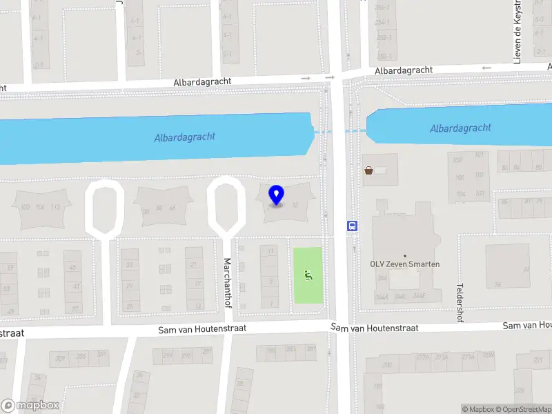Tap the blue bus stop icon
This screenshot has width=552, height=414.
(x=352, y=225)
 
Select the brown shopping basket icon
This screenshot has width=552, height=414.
(x=369, y=170)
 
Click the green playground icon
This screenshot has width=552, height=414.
(x=308, y=276)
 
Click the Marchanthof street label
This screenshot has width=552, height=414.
(x=227, y=283)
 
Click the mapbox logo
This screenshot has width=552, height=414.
(x=30, y=406)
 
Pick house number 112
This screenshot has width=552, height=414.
(x=57, y=208)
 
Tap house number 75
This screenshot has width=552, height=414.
(x=497, y=284)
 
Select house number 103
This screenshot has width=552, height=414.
(x=480, y=193)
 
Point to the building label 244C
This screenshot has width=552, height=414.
(x=400, y=297)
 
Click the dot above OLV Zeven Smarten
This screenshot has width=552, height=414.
(x=405, y=256)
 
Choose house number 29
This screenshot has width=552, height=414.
(x=129, y=285)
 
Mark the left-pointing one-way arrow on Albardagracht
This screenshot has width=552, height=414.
(x=486, y=68)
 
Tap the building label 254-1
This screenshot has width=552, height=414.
(x=382, y=23)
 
